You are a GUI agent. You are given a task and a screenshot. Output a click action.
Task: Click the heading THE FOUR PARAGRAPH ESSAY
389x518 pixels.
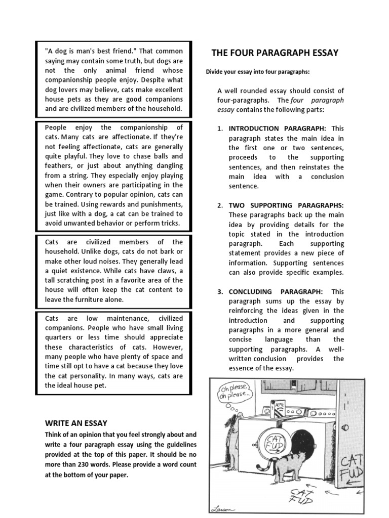275,53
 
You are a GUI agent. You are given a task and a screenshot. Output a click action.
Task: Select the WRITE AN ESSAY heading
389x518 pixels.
76,423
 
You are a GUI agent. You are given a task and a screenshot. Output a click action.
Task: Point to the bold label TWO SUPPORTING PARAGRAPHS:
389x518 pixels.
286,205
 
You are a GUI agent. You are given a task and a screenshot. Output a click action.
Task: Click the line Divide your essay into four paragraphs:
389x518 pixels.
257,72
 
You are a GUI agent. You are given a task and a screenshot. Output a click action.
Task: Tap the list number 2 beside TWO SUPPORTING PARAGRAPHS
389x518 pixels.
220,205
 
